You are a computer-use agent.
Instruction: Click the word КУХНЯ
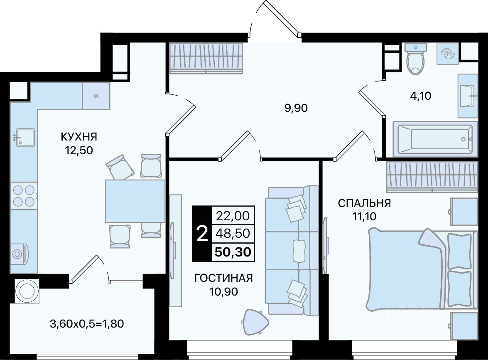pyautogui.click(x=79, y=136)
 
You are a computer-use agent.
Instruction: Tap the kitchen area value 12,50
pyautogui.click(x=79, y=150)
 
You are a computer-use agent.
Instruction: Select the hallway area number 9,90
pyautogui.click(x=296, y=108)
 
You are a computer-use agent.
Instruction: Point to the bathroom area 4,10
pyautogui.click(x=420, y=96)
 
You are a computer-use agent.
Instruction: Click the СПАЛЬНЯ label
pyautogui.click(x=365, y=203)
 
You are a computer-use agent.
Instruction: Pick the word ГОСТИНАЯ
pyautogui.click(x=223, y=278)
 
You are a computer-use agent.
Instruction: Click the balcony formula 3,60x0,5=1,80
pyautogui.click(x=87, y=324)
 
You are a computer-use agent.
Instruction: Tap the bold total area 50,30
pyautogui.click(x=233, y=252)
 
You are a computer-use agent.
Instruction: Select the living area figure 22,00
pyautogui.click(x=233, y=215)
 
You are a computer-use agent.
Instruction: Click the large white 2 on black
pyautogui.click(x=202, y=234)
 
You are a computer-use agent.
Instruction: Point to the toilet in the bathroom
pyautogui.click(x=415, y=59)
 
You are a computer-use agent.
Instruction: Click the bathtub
pyautogui.click(x=435, y=139)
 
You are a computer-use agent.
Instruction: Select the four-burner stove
pyautogui.click(x=24, y=195)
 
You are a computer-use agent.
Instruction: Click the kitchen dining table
pyautogui.click(x=135, y=201)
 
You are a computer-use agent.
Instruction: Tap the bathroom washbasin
pyautogui.click(x=468, y=96)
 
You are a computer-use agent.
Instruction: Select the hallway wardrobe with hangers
pyautogui.click(x=206, y=59)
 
